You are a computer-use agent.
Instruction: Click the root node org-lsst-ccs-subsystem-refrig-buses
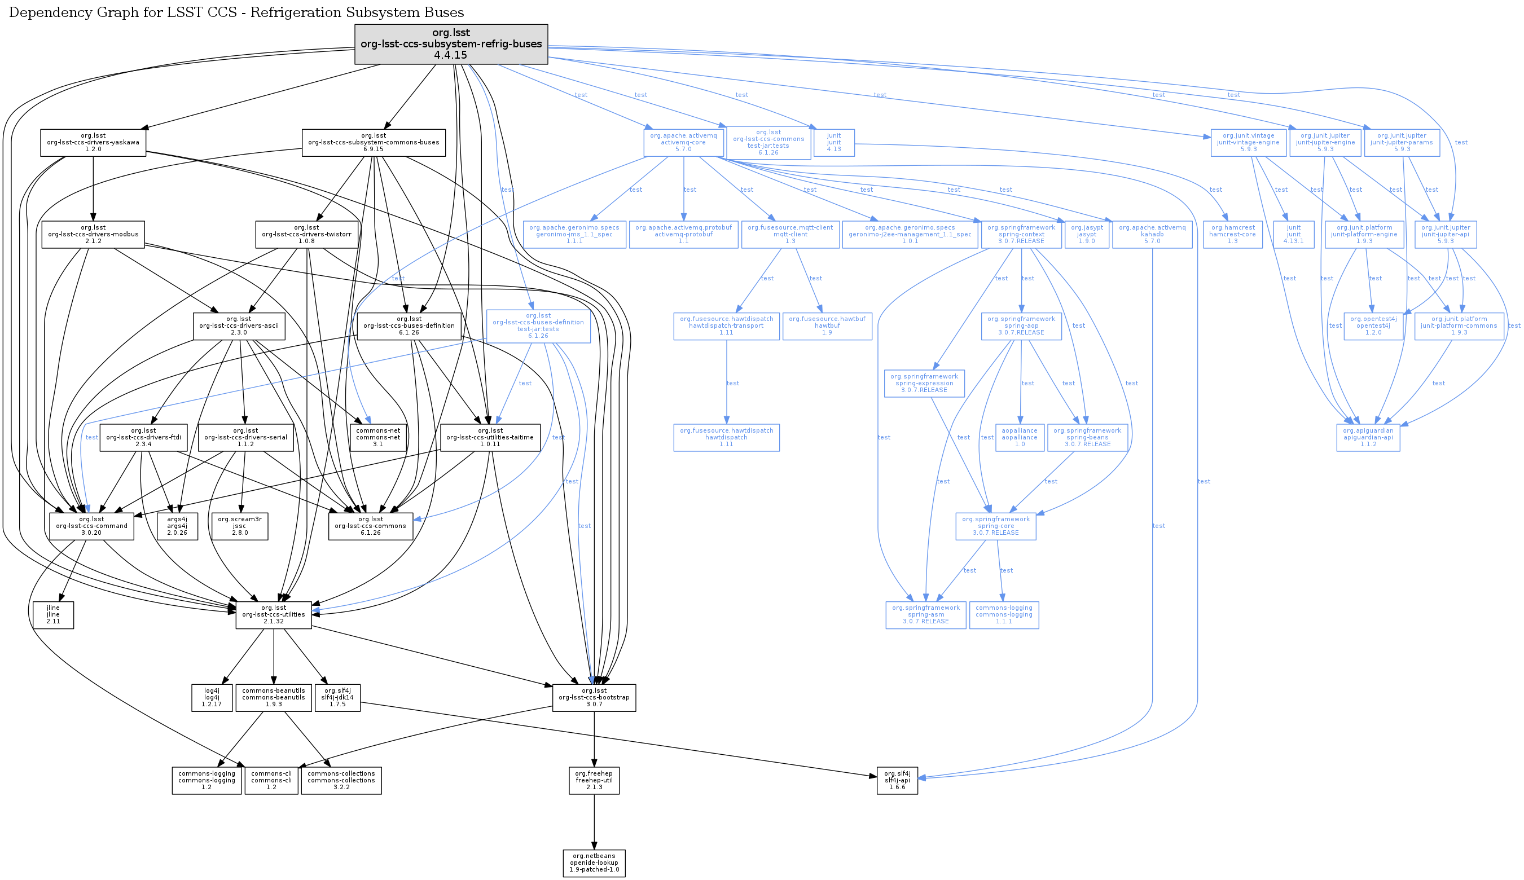click(x=451, y=44)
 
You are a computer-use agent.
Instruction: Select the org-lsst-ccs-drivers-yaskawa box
click(x=93, y=143)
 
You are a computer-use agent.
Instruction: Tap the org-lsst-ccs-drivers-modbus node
click(x=93, y=235)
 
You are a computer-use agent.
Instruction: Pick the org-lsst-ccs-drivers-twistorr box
click(x=306, y=235)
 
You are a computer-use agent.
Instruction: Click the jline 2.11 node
click(x=53, y=615)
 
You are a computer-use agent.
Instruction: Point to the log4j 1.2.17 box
click(x=212, y=697)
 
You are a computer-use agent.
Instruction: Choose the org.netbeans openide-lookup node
click(x=594, y=863)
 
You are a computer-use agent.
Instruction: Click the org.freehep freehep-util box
click(x=594, y=780)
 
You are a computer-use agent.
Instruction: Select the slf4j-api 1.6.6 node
click(x=897, y=780)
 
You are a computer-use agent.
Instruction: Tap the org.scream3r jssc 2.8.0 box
click(x=239, y=526)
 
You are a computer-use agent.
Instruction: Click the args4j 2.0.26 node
click(x=177, y=526)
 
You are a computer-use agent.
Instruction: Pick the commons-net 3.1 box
click(x=378, y=438)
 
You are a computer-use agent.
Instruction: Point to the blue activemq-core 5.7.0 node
click(x=683, y=143)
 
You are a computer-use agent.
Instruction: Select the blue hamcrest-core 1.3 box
click(x=1232, y=235)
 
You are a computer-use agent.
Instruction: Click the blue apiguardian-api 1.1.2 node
click(x=1368, y=438)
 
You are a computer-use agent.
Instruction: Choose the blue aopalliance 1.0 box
click(x=1019, y=438)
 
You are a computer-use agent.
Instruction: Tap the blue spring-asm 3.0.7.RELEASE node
click(x=925, y=615)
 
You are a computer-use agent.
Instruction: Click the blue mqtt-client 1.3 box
click(x=790, y=235)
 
